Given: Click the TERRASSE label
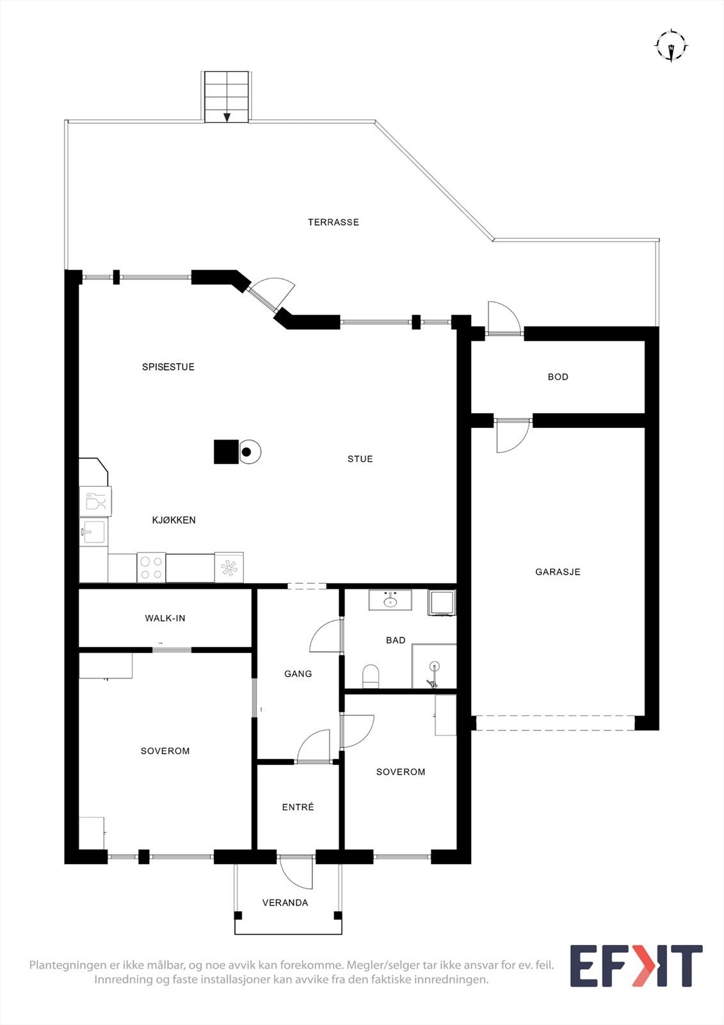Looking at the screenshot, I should (333, 222).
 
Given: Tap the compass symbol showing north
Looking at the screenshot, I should (670, 46).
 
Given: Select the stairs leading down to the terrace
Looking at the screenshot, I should (226, 97).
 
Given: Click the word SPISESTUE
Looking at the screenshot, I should (168, 367).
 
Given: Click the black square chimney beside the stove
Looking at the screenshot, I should (225, 452).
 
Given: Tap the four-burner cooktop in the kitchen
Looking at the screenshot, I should (151, 567).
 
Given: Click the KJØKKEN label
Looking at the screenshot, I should (173, 520).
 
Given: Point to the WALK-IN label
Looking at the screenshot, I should (165, 618).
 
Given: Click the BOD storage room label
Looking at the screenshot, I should (558, 377).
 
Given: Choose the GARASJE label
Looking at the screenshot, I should (558, 572).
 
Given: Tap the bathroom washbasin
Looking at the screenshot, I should (390, 601).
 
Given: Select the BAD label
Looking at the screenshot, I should (396, 640).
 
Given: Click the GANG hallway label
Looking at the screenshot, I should (298, 674).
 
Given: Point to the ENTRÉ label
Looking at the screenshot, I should (298, 807).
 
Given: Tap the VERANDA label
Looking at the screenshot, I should (285, 903).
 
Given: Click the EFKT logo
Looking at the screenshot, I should (636, 966).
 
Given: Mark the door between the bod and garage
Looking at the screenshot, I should (513, 434).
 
